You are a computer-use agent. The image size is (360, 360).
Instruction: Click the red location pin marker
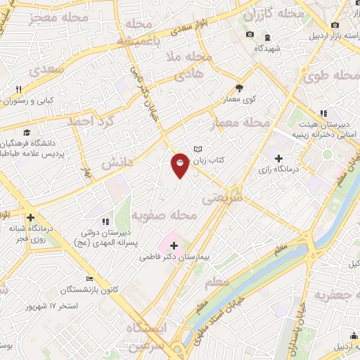click(x=180, y=165)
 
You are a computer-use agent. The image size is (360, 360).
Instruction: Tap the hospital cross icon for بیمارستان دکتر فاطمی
click(x=174, y=245)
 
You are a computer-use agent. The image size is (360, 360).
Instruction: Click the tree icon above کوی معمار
click(x=239, y=89)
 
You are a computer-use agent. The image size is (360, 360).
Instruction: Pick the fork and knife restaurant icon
click(x=19, y=89)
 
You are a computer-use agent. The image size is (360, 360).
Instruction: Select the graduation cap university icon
click(x=27, y=132)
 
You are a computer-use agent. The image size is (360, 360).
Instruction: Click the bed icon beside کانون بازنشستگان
click(x=89, y=278)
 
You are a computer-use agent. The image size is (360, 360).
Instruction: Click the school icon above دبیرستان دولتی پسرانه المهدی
click(x=105, y=222)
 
